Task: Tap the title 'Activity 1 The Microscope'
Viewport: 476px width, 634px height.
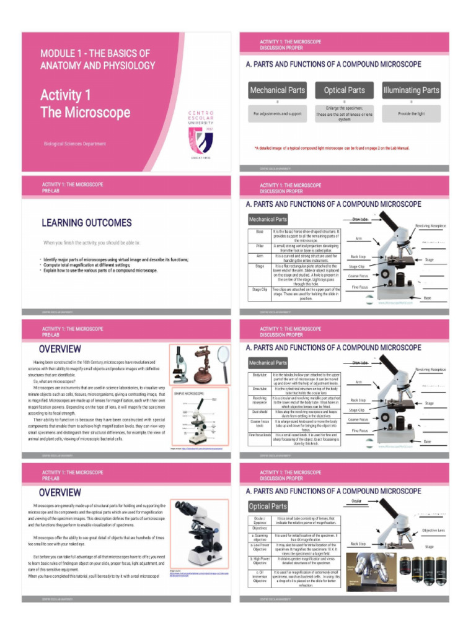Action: (x=85, y=104)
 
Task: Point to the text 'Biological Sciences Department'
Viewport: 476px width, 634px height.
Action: (x=74, y=144)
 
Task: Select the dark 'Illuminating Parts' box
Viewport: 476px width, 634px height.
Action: (x=411, y=90)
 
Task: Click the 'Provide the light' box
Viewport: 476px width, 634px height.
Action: (x=411, y=114)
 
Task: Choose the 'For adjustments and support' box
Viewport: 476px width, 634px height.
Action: (x=277, y=114)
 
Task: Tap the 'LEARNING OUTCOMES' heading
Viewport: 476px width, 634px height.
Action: (x=87, y=223)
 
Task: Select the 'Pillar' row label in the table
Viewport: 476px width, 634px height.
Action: (x=260, y=246)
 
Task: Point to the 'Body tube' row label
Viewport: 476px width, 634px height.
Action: (x=260, y=375)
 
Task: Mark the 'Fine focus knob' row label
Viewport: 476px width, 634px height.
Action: (x=260, y=435)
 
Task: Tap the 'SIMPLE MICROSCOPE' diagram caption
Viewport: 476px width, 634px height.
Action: (x=189, y=393)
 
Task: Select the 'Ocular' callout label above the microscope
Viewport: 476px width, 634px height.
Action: (x=357, y=500)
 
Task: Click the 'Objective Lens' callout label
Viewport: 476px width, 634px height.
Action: (x=433, y=531)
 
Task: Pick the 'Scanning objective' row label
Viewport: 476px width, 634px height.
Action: (x=260, y=537)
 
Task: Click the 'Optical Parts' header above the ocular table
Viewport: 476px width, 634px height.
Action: (x=268, y=506)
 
